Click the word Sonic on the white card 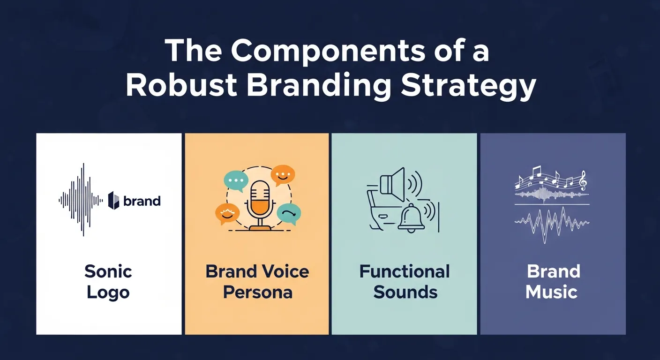click(108, 271)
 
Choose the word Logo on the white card click(108, 293)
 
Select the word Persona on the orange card click(257, 292)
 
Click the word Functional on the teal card click(405, 271)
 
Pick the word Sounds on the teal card click(405, 292)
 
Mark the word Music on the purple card click(551, 292)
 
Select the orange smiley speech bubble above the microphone click(283, 175)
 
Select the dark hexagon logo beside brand click(114, 201)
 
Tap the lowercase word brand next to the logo click(142, 201)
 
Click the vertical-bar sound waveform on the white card click(81, 200)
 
